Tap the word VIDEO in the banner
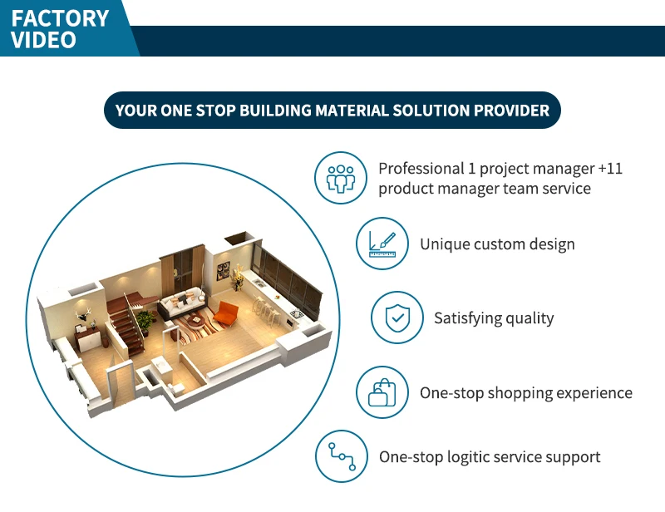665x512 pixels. pos(43,39)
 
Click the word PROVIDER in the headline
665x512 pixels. pos(509,111)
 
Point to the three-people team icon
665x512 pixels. pos(341,178)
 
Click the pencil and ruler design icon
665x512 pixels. pos(382,244)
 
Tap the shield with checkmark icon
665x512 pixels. pos(397,318)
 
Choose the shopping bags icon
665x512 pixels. pos(382,392)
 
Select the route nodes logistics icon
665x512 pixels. pos(341,456)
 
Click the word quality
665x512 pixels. pos(527,318)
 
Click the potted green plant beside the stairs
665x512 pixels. pos(147,321)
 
